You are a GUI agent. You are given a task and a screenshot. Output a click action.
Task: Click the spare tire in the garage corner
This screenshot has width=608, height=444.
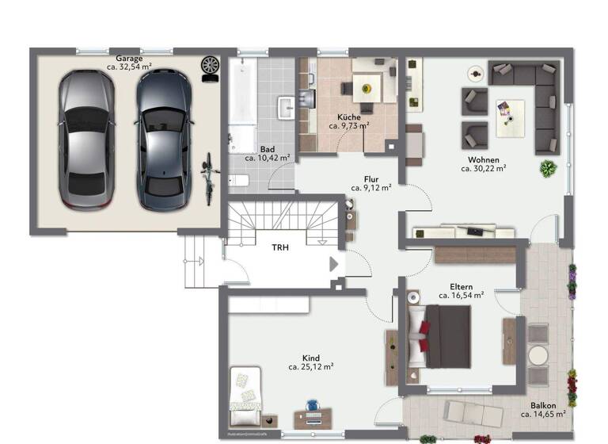(x=211, y=66)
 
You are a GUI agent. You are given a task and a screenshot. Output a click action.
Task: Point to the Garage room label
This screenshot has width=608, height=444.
(x=129, y=58)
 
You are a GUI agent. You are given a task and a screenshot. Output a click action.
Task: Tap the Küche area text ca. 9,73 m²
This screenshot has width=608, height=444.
(x=349, y=125)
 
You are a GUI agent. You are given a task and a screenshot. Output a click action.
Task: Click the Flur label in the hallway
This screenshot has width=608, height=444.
(x=371, y=179)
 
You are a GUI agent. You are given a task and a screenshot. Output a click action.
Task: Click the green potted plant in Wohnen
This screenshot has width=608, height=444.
(x=548, y=167)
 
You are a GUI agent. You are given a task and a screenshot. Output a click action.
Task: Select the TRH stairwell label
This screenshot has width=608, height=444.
(x=280, y=247)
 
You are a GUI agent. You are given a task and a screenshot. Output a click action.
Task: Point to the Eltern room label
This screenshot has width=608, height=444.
(x=461, y=285)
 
